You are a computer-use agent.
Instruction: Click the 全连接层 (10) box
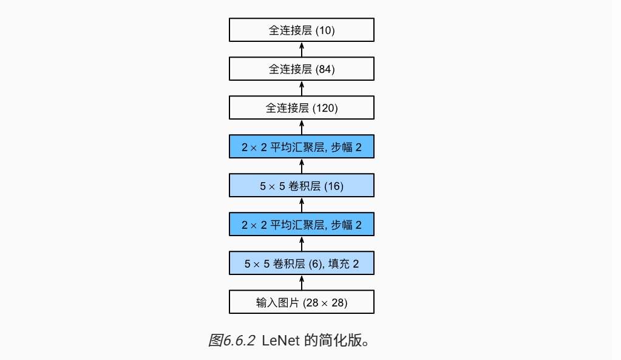pyautogui.click(x=301, y=30)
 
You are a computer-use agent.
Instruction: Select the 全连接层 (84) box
pyautogui.click(x=301, y=69)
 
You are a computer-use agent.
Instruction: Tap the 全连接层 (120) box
pyautogui.click(x=301, y=107)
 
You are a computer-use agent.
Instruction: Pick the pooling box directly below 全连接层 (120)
pyautogui.click(x=301, y=146)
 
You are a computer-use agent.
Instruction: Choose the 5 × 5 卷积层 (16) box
pyautogui.click(x=301, y=185)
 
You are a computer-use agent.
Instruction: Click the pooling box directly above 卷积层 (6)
pyautogui.click(x=301, y=224)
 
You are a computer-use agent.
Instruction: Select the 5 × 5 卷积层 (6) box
pyautogui.click(x=301, y=263)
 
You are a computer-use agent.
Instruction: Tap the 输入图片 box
pyautogui.click(x=301, y=302)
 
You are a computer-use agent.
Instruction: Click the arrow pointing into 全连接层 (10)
pyautogui.click(x=302, y=49)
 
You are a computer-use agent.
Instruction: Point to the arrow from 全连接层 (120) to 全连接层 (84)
pyautogui.click(x=302, y=88)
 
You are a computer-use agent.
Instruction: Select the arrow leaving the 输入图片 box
pyautogui.click(x=302, y=282)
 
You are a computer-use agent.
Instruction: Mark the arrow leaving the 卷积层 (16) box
pyautogui.click(x=302, y=166)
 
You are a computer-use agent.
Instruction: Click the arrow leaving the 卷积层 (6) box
pyautogui.click(x=302, y=243)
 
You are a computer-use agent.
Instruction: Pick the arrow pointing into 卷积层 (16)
pyautogui.click(x=302, y=205)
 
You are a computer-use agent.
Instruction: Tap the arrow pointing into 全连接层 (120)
pyautogui.click(x=302, y=127)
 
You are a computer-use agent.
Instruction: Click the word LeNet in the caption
pyautogui.click(x=280, y=340)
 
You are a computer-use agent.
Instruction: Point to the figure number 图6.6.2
pyautogui.click(x=232, y=340)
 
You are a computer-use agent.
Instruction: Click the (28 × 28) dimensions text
pyautogui.click(x=325, y=303)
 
